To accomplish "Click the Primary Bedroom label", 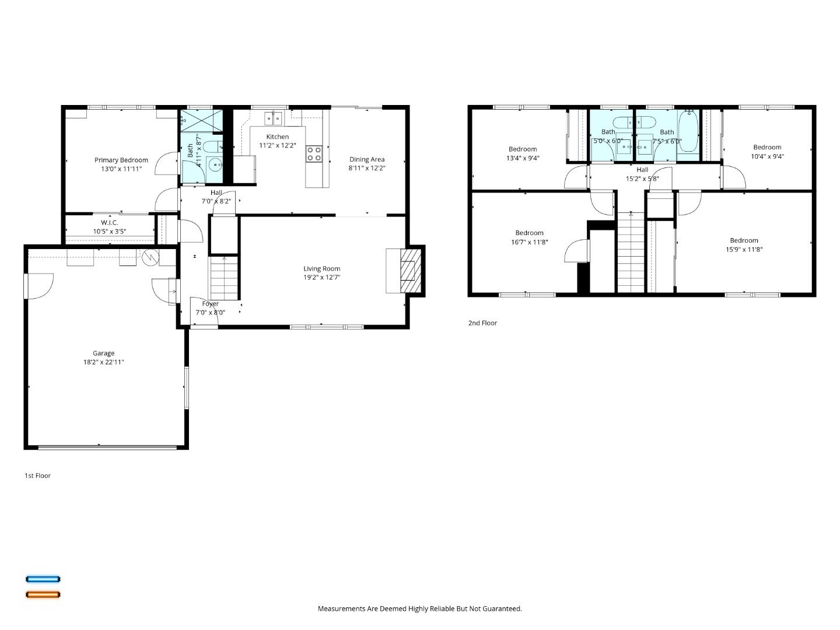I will tap(121, 160).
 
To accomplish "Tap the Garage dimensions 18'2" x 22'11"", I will tap(103, 362).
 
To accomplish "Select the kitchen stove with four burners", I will tap(314, 153).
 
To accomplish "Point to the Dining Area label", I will tap(367, 159).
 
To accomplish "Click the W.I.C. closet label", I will tap(109, 222).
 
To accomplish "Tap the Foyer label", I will tap(210, 304).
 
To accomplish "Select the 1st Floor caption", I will tap(37, 475).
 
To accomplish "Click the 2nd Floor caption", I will tap(482, 323).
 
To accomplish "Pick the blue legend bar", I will tap(43, 579).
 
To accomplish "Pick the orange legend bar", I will tap(43, 595).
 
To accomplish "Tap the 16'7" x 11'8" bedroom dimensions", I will tap(529, 242).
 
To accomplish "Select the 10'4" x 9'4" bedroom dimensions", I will tap(767, 156).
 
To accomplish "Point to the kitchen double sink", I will tap(272, 118).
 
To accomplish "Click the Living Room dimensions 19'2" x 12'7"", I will tap(321, 278).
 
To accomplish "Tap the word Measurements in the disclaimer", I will tap(341, 608).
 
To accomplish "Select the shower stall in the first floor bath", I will tap(201, 121).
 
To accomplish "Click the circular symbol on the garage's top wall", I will tap(150, 257).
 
